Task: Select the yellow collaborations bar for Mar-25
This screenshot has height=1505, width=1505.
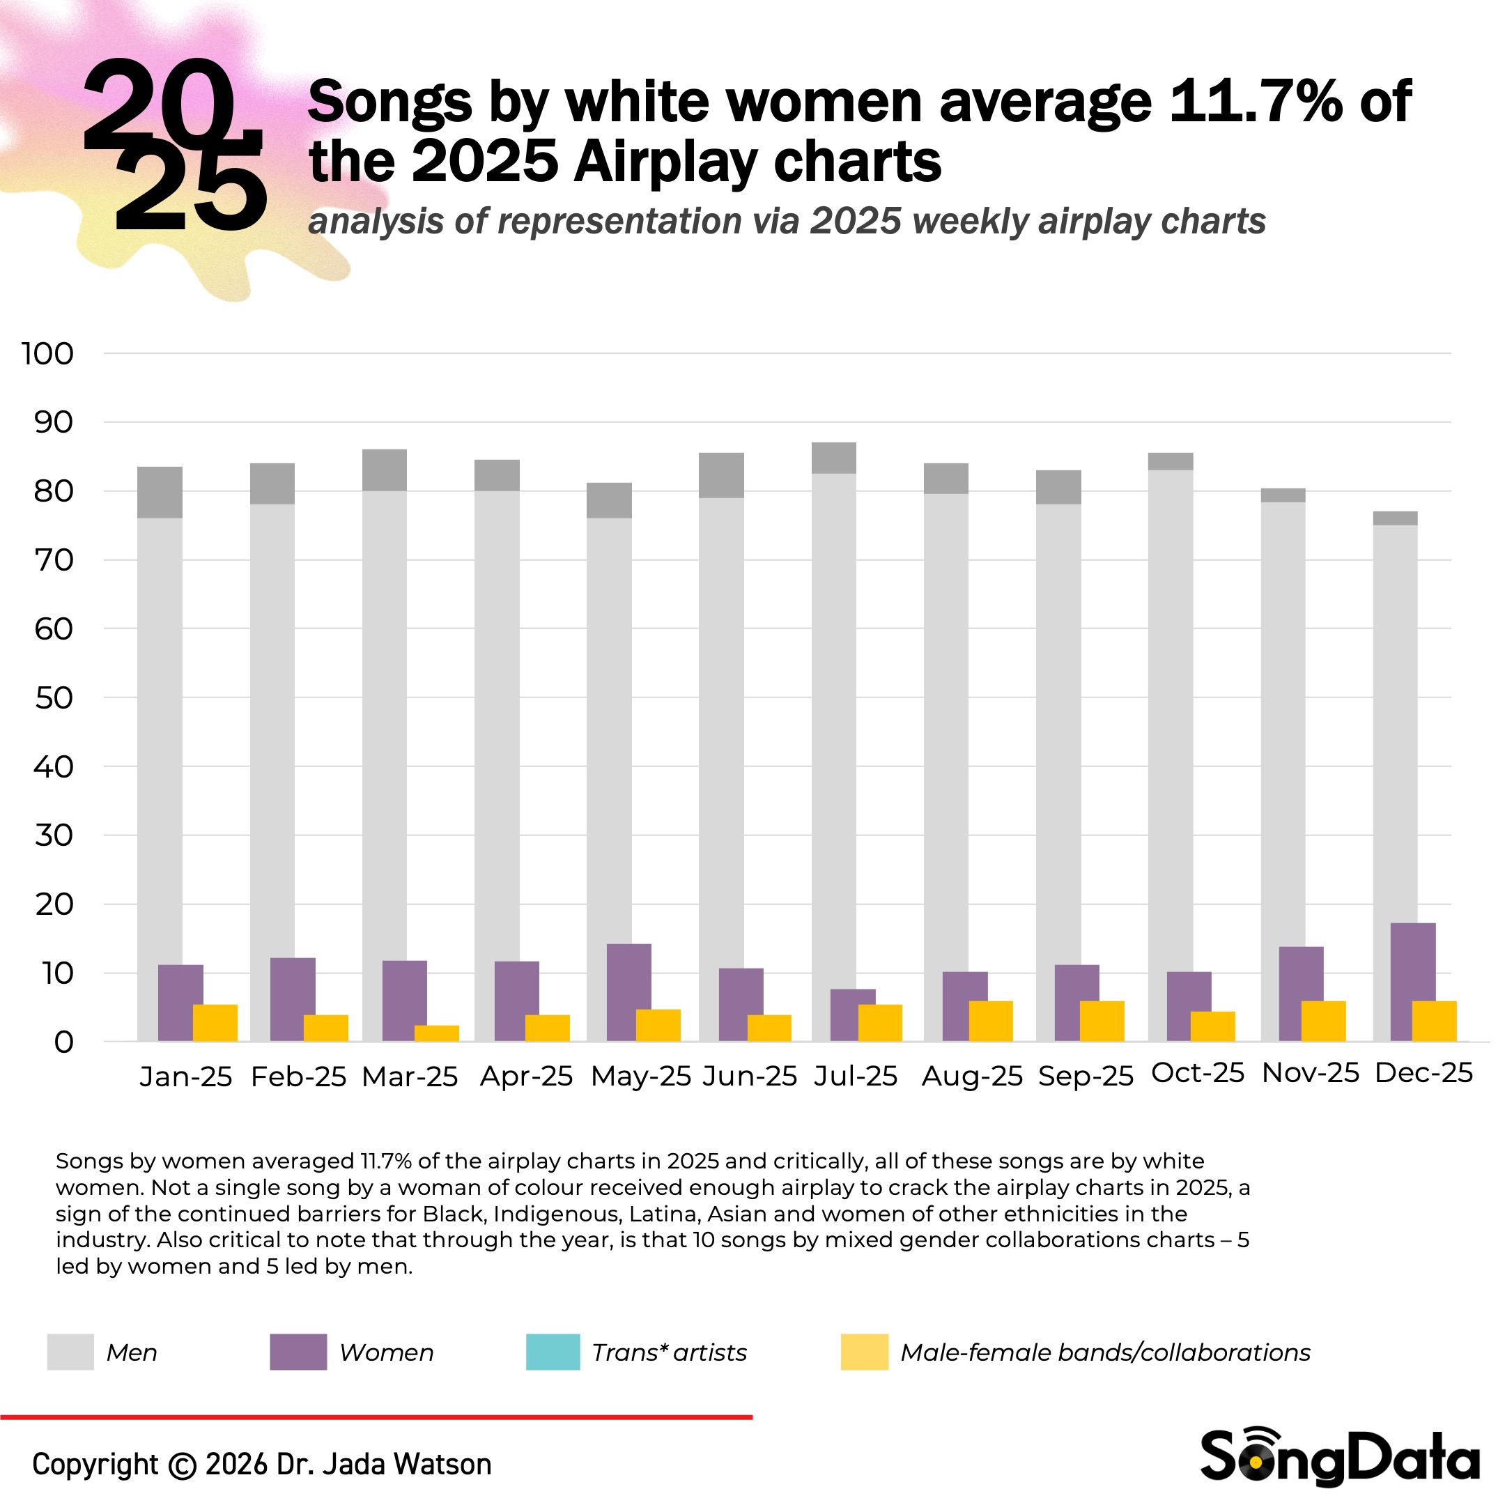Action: click(x=436, y=1033)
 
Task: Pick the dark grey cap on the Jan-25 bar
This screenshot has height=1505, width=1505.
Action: click(x=160, y=493)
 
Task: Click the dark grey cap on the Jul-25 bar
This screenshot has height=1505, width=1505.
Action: click(x=833, y=458)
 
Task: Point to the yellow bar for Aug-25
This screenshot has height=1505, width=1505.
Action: click(x=991, y=1021)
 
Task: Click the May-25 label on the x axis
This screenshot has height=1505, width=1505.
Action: click(x=640, y=1076)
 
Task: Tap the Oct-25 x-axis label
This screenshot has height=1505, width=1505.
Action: click(x=1197, y=1074)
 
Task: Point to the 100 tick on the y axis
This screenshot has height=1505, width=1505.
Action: click(x=48, y=354)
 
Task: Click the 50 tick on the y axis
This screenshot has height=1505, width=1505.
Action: click(x=54, y=698)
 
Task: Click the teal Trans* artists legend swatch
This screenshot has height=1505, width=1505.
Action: click(x=553, y=1352)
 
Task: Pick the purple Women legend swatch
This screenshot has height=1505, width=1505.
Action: click(x=298, y=1352)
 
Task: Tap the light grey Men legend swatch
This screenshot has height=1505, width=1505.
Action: click(x=70, y=1352)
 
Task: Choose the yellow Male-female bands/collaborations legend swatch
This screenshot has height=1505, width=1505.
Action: click(x=864, y=1352)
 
